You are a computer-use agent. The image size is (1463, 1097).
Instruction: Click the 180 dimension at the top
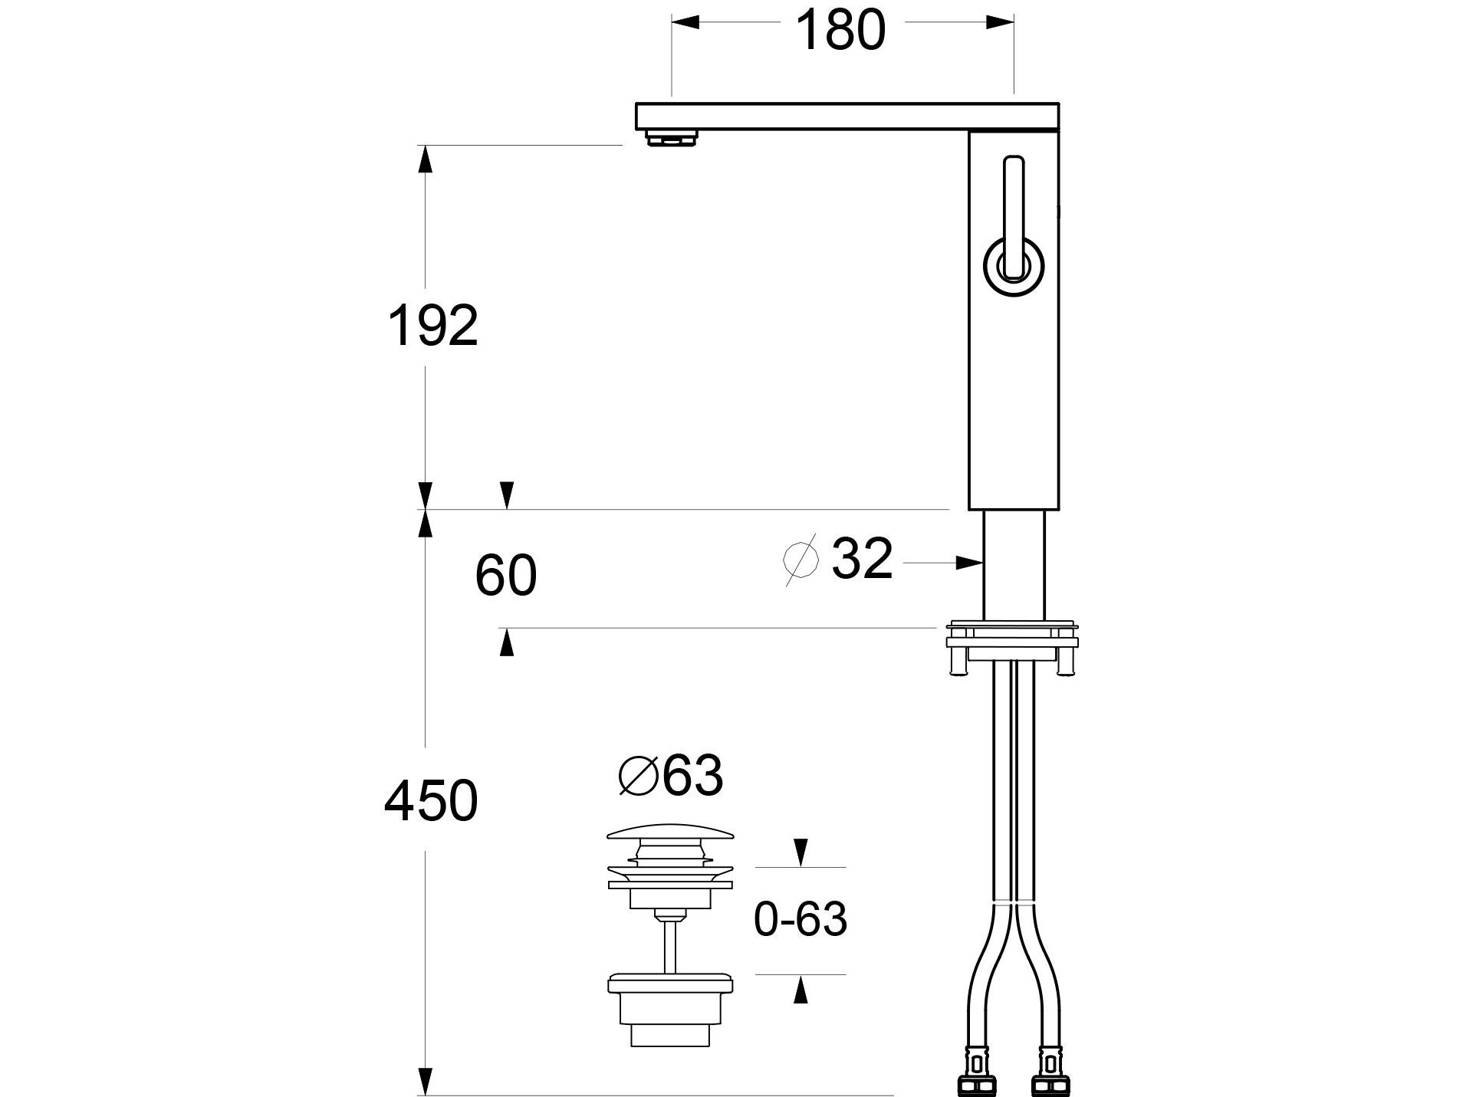pyautogui.click(x=840, y=31)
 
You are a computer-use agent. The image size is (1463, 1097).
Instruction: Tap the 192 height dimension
pyautogui.click(x=433, y=325)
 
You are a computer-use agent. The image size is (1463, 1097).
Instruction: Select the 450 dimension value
pyautogui.click(x=431, y=801)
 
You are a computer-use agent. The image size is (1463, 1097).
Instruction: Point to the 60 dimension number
pyautogui.click(x=506, y=576)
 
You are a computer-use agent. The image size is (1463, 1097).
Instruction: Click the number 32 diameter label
pyautogui.click(x=863, y=558)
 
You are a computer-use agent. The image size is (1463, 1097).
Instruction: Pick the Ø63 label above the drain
pyautogui.click(x=671, y=776)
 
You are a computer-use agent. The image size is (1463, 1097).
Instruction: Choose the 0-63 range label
pyautogui.click(x=801, y=918)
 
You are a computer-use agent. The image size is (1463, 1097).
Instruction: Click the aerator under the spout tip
pyautogui.click(x=672, y=138)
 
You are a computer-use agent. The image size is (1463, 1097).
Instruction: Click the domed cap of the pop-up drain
pyautogui.click(x=671, y=833)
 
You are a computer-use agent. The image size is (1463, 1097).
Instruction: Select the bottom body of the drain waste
pyautogui.click(x=671, y=1011)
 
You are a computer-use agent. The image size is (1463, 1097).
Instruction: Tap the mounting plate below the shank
pyautogui.click(x=1012, y=637)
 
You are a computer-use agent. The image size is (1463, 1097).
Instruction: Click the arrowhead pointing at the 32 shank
pyautogui.click(x=970, y=563)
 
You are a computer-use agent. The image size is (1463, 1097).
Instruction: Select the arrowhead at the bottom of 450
pyautogui.click(x=426, y=1081)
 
